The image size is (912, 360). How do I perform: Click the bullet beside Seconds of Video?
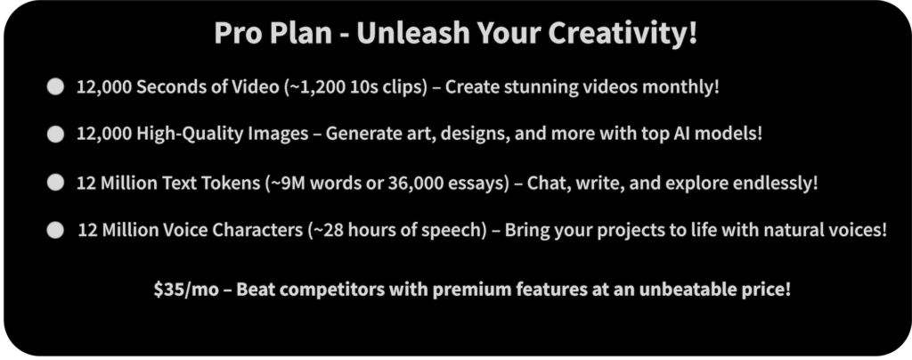(x=55, y=87)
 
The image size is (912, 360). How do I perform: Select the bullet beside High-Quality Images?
(x=55, y=135)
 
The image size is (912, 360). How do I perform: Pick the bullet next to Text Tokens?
(x=55, y=183)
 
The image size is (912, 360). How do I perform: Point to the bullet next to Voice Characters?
(x=55, y=230)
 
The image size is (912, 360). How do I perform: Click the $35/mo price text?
(x=186, y=289)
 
